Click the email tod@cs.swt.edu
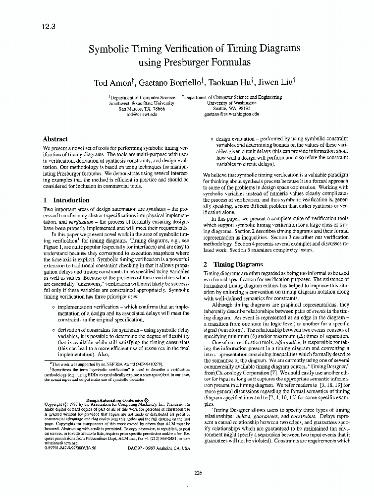tap(142, 114)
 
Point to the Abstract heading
tap(55, 139)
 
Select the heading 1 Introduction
tap(66, 200)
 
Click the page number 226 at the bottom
tap(198, 473)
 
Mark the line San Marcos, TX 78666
tap(142, 108)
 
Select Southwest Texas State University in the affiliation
tap(142, 103)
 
